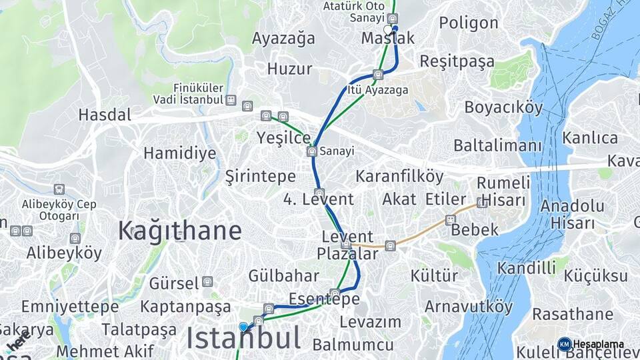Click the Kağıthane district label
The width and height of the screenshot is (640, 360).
180,231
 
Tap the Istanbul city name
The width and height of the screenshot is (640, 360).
243,339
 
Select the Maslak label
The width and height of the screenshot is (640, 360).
387,38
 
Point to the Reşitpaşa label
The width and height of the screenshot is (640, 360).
457,62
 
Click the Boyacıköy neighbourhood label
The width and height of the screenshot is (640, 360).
503,107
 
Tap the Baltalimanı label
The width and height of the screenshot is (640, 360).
498,145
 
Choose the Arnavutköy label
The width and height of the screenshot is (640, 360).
469,307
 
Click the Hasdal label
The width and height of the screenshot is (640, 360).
105,115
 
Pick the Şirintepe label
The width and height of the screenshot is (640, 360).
260,177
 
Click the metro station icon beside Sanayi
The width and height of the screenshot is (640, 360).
311,152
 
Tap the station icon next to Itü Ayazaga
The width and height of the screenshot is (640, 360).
378,75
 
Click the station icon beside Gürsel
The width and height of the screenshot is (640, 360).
207,282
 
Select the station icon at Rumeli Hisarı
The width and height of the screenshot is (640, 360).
482,202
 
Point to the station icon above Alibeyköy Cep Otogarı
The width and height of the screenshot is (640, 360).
59,190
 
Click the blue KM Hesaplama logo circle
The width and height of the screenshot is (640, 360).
564,344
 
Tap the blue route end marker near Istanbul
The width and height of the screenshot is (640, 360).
243,327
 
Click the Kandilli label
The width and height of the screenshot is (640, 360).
527,269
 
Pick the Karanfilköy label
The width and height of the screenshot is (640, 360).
399,177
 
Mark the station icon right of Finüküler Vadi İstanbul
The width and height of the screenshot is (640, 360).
231,100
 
